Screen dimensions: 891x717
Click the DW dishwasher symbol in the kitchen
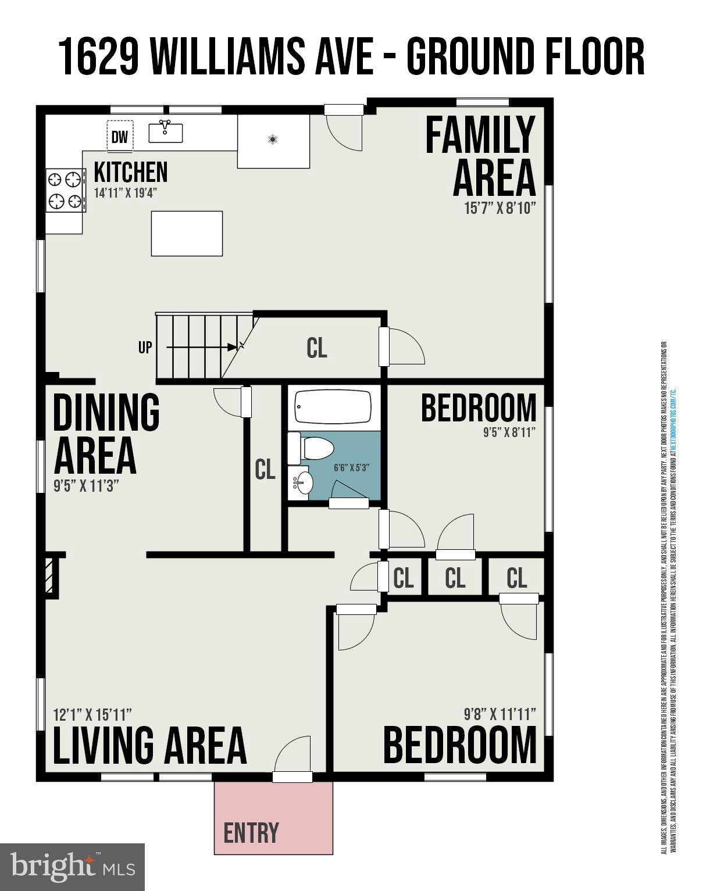[120, 137]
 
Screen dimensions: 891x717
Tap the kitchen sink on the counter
[166, 132]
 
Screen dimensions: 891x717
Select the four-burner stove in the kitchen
[65, 190]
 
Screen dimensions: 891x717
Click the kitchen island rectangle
[187, 234]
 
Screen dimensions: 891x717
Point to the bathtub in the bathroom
[333, 406]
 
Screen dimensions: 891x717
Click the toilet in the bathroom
[311, 448]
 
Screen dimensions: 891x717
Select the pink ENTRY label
[251, 833]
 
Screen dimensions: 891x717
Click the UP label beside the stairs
[145, 348]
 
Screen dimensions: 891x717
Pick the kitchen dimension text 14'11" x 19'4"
[126, 192]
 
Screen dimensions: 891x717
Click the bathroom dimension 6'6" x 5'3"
[351, 467]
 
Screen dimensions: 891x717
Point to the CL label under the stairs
[317, 348]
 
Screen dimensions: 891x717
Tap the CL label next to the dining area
[265, 470]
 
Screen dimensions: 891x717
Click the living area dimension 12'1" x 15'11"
[92, 714]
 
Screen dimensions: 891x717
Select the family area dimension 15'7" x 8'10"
[500, 208]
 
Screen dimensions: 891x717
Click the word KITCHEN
[131, 172]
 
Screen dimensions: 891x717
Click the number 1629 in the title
[99, 57]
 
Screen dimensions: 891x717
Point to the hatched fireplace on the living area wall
[52, 576]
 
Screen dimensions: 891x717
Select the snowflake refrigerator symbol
[272, 139]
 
